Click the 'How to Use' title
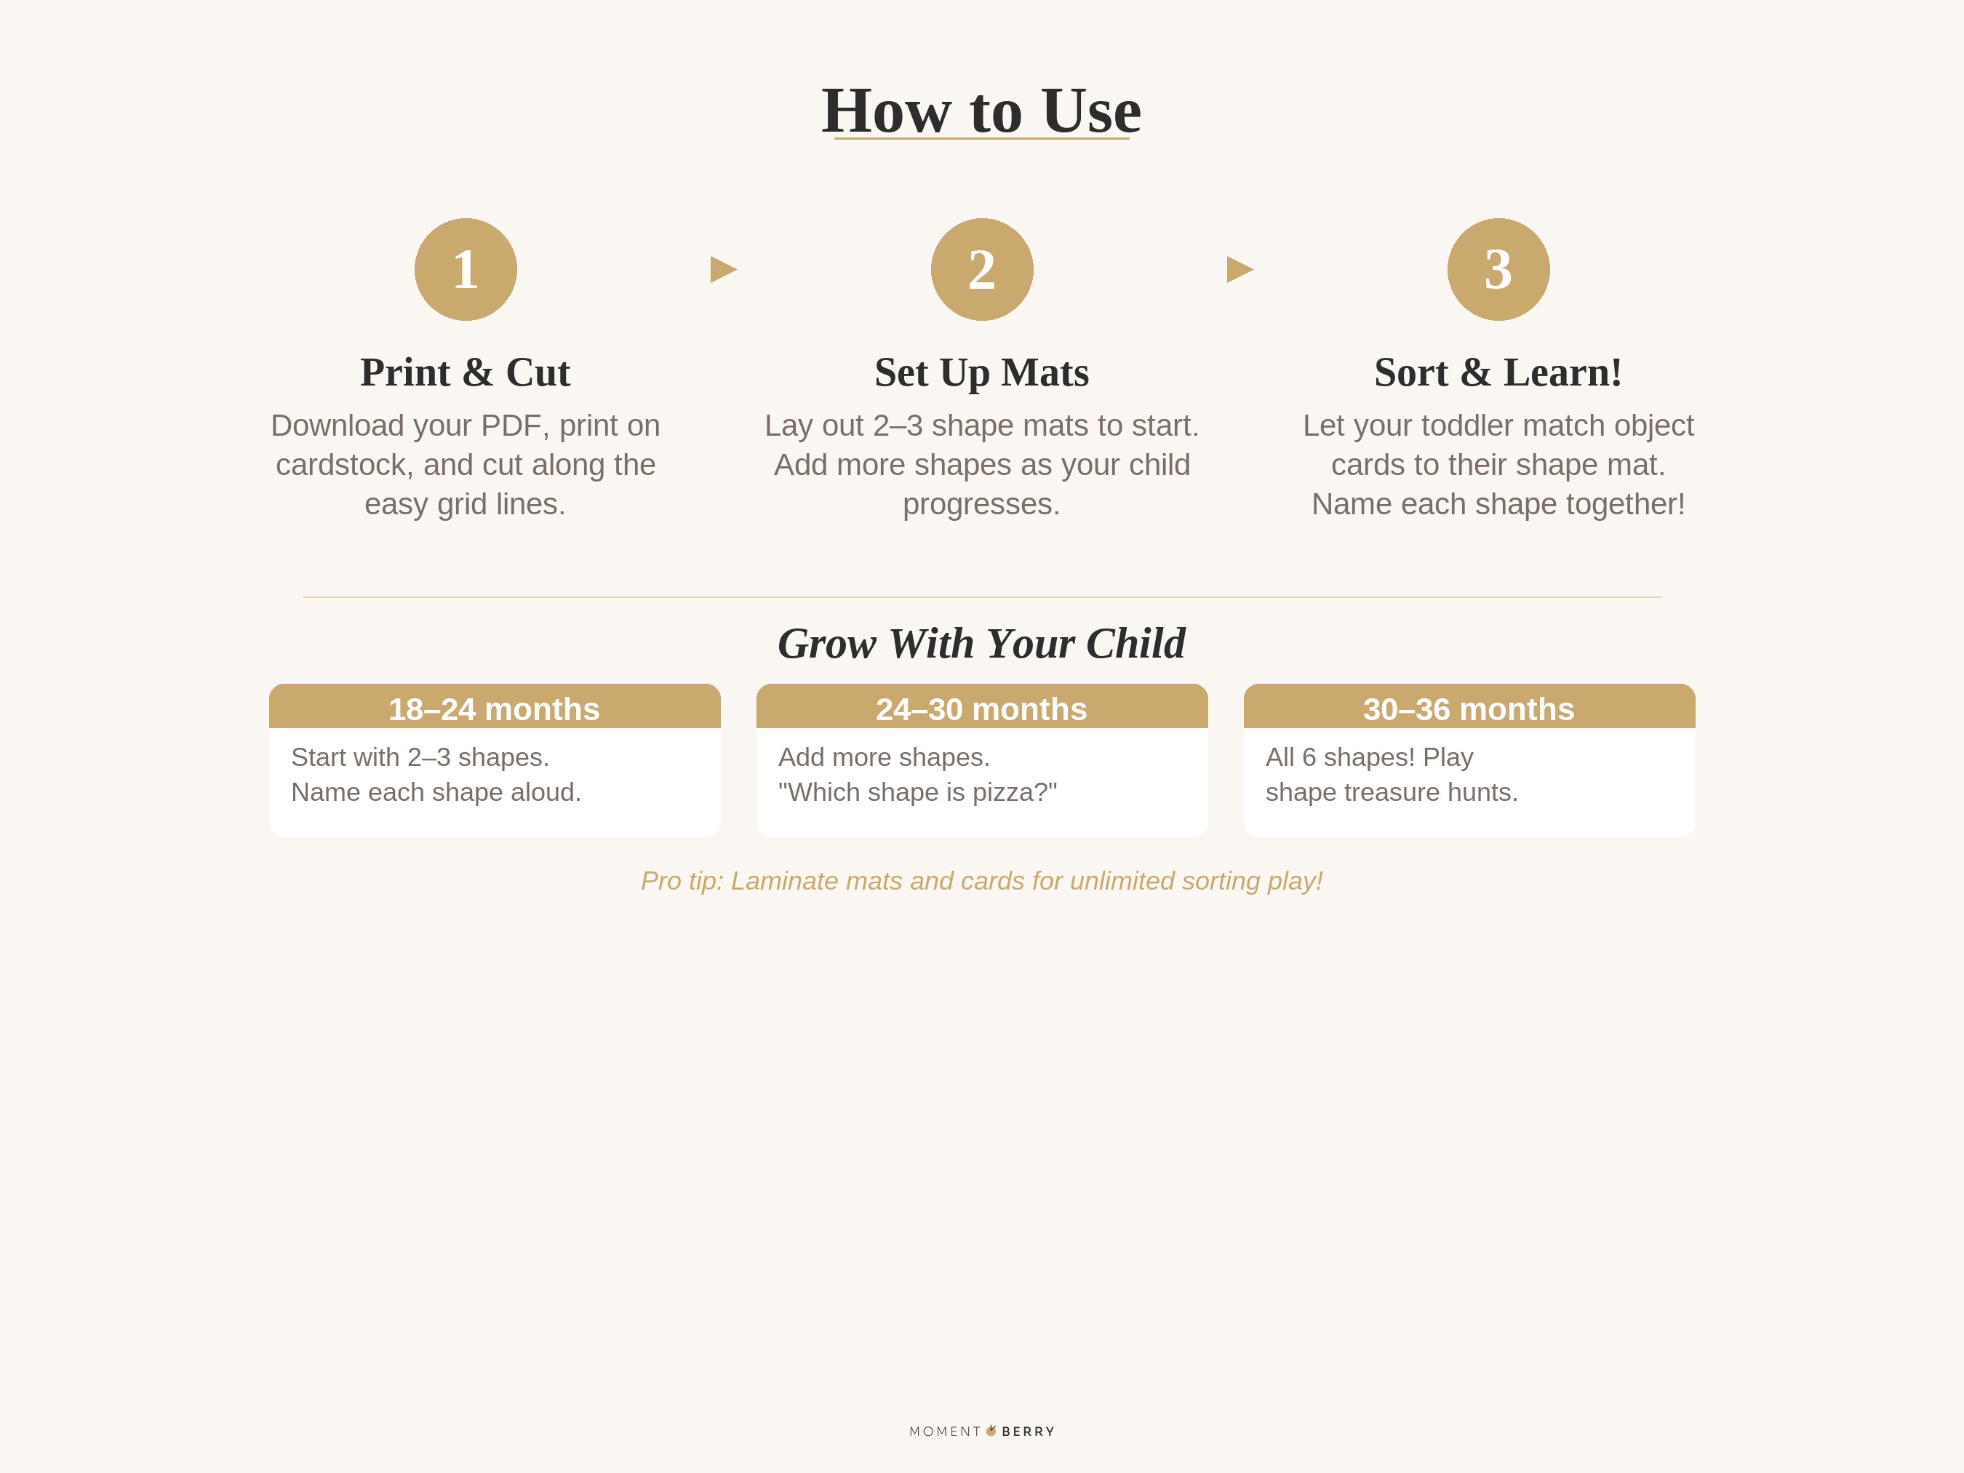pyautogui.click(x=981, y=111)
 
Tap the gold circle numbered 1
pyautogui.click(x=466, y=269)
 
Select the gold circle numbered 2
pyautogui.click(x=981, y=269)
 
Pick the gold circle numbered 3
pyautogui.click(x=1498, y=269)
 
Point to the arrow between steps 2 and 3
pyautogui.click(x=1240, y=269)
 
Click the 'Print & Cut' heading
pyautogui.click(x=466, y=372)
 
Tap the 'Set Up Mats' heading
pyautogui.click(x=981, y=372)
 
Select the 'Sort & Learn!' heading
pyautogui.click(x=1498, y=372)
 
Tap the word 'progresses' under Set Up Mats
pyautogui.click(x=981, y=504)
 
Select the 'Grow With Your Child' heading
pyautogui.click(x=981, y=644)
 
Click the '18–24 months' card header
pyautogui.click(x=495, y=708)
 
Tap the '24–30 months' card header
pyautogui.click(x=981, y=708)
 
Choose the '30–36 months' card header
pyautogui.click(x=1469, y=708)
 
